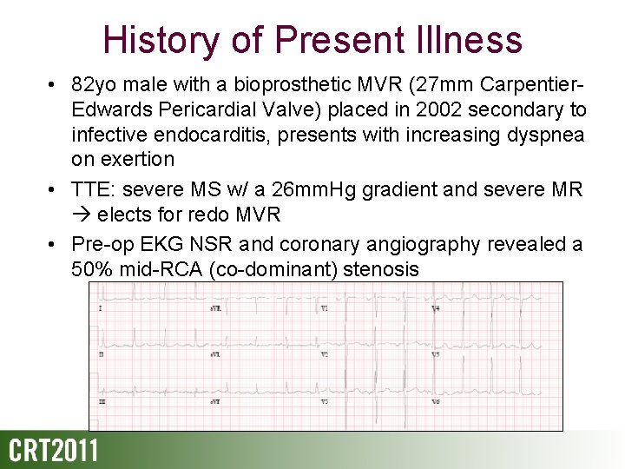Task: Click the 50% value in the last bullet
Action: (x=92, y=269)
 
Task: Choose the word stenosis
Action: (x=381, y=269)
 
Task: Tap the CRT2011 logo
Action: (x=54, y=452)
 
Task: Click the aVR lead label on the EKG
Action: (x=214, y=308)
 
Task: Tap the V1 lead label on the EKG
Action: (x=325, y=308)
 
